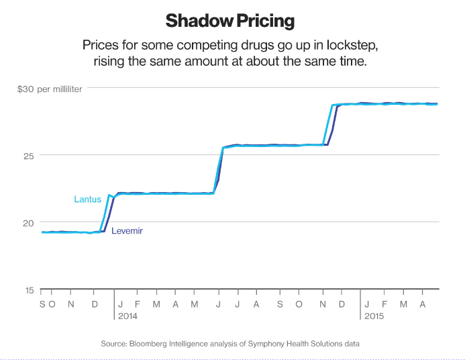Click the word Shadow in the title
tap(197, 21)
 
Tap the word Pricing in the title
tap(264, 21)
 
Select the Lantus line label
tap(87, 199)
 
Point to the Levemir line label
tap(127, 231)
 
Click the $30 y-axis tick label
tap(25, 89)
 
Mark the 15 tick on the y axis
tap(30, 290)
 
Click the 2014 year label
tap(127, 315)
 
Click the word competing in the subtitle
tap(199, 45)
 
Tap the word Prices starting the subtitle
tap(101, 45)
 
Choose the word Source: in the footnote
tap(115, 343)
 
